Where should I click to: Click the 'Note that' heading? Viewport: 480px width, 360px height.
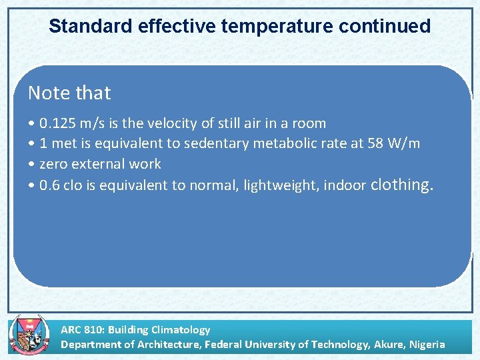69,93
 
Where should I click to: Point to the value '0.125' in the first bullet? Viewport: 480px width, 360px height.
58,123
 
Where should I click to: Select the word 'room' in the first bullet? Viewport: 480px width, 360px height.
309,123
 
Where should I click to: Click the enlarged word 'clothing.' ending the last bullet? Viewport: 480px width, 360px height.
402,184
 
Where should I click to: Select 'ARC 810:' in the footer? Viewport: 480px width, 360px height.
83,329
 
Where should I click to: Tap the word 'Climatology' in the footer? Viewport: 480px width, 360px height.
181,329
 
